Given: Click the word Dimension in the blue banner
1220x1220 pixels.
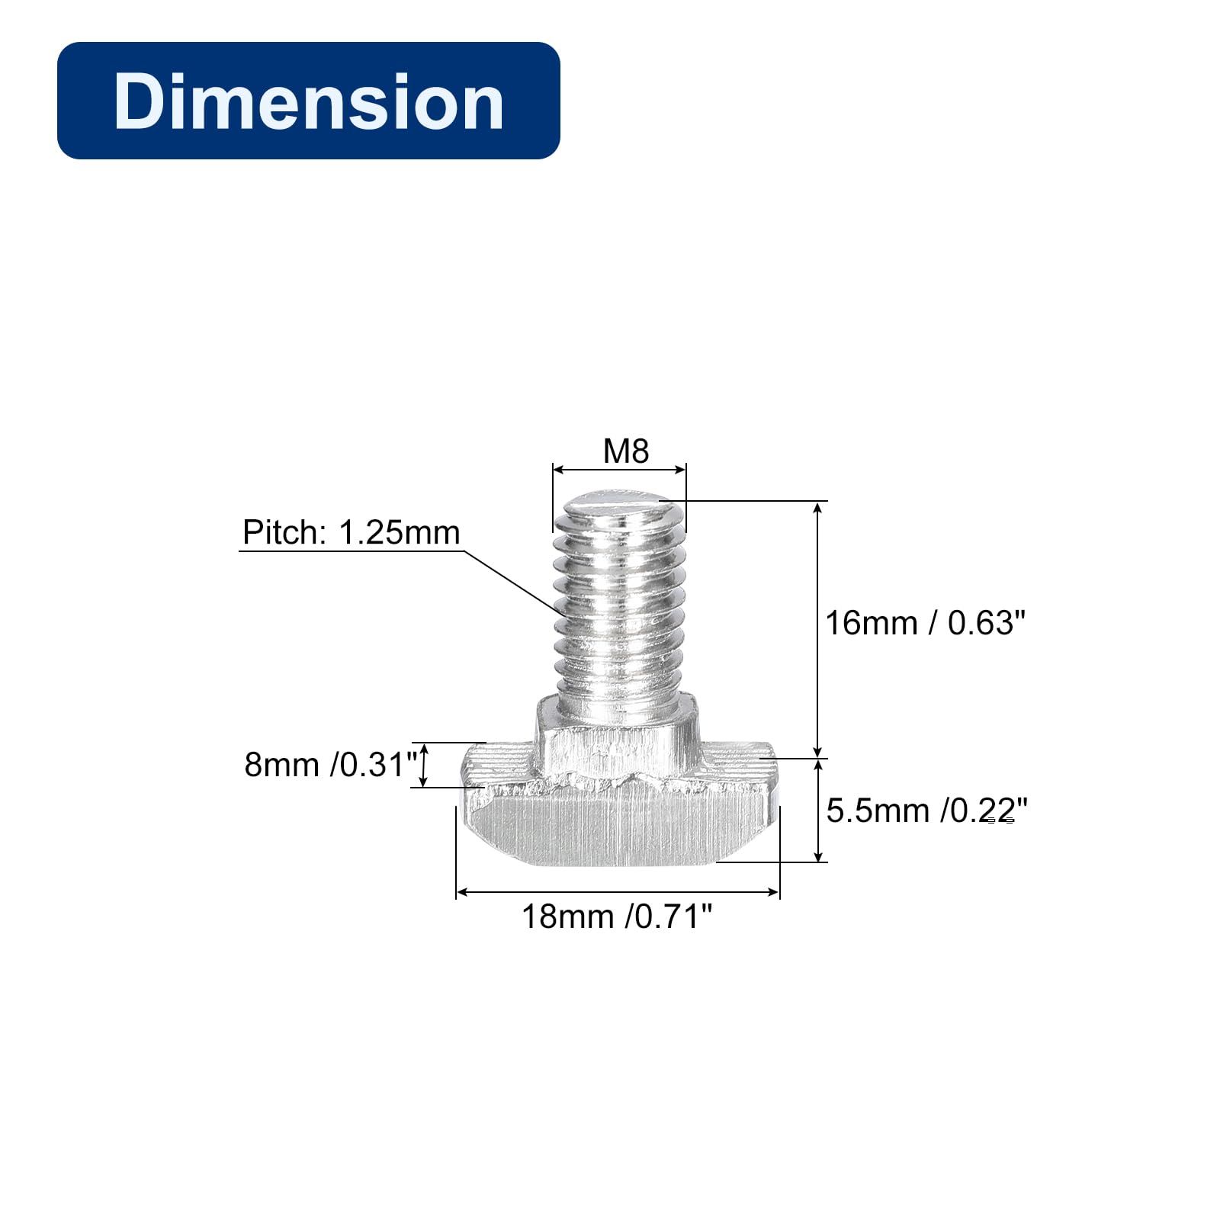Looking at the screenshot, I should click(x=308, y=101).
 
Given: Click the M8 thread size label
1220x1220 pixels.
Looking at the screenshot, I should click(x=625, y=451).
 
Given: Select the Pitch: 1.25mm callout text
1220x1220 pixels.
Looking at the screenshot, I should click(x=352, y=532).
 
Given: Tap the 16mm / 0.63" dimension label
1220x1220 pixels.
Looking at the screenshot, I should click(x=925, y=623).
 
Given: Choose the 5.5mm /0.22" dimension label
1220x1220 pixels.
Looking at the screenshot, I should click(x=926, y=811).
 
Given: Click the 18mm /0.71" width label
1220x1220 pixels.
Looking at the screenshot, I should click(x=616, y=917).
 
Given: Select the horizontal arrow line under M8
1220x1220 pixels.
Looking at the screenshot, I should click(x=619, y=470).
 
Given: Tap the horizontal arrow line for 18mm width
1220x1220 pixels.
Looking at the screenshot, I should click(x=618, y=891).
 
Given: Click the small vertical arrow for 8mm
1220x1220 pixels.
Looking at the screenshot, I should click(x=425, y=765).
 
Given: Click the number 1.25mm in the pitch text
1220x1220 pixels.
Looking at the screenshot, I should click(x=399, y=532).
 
